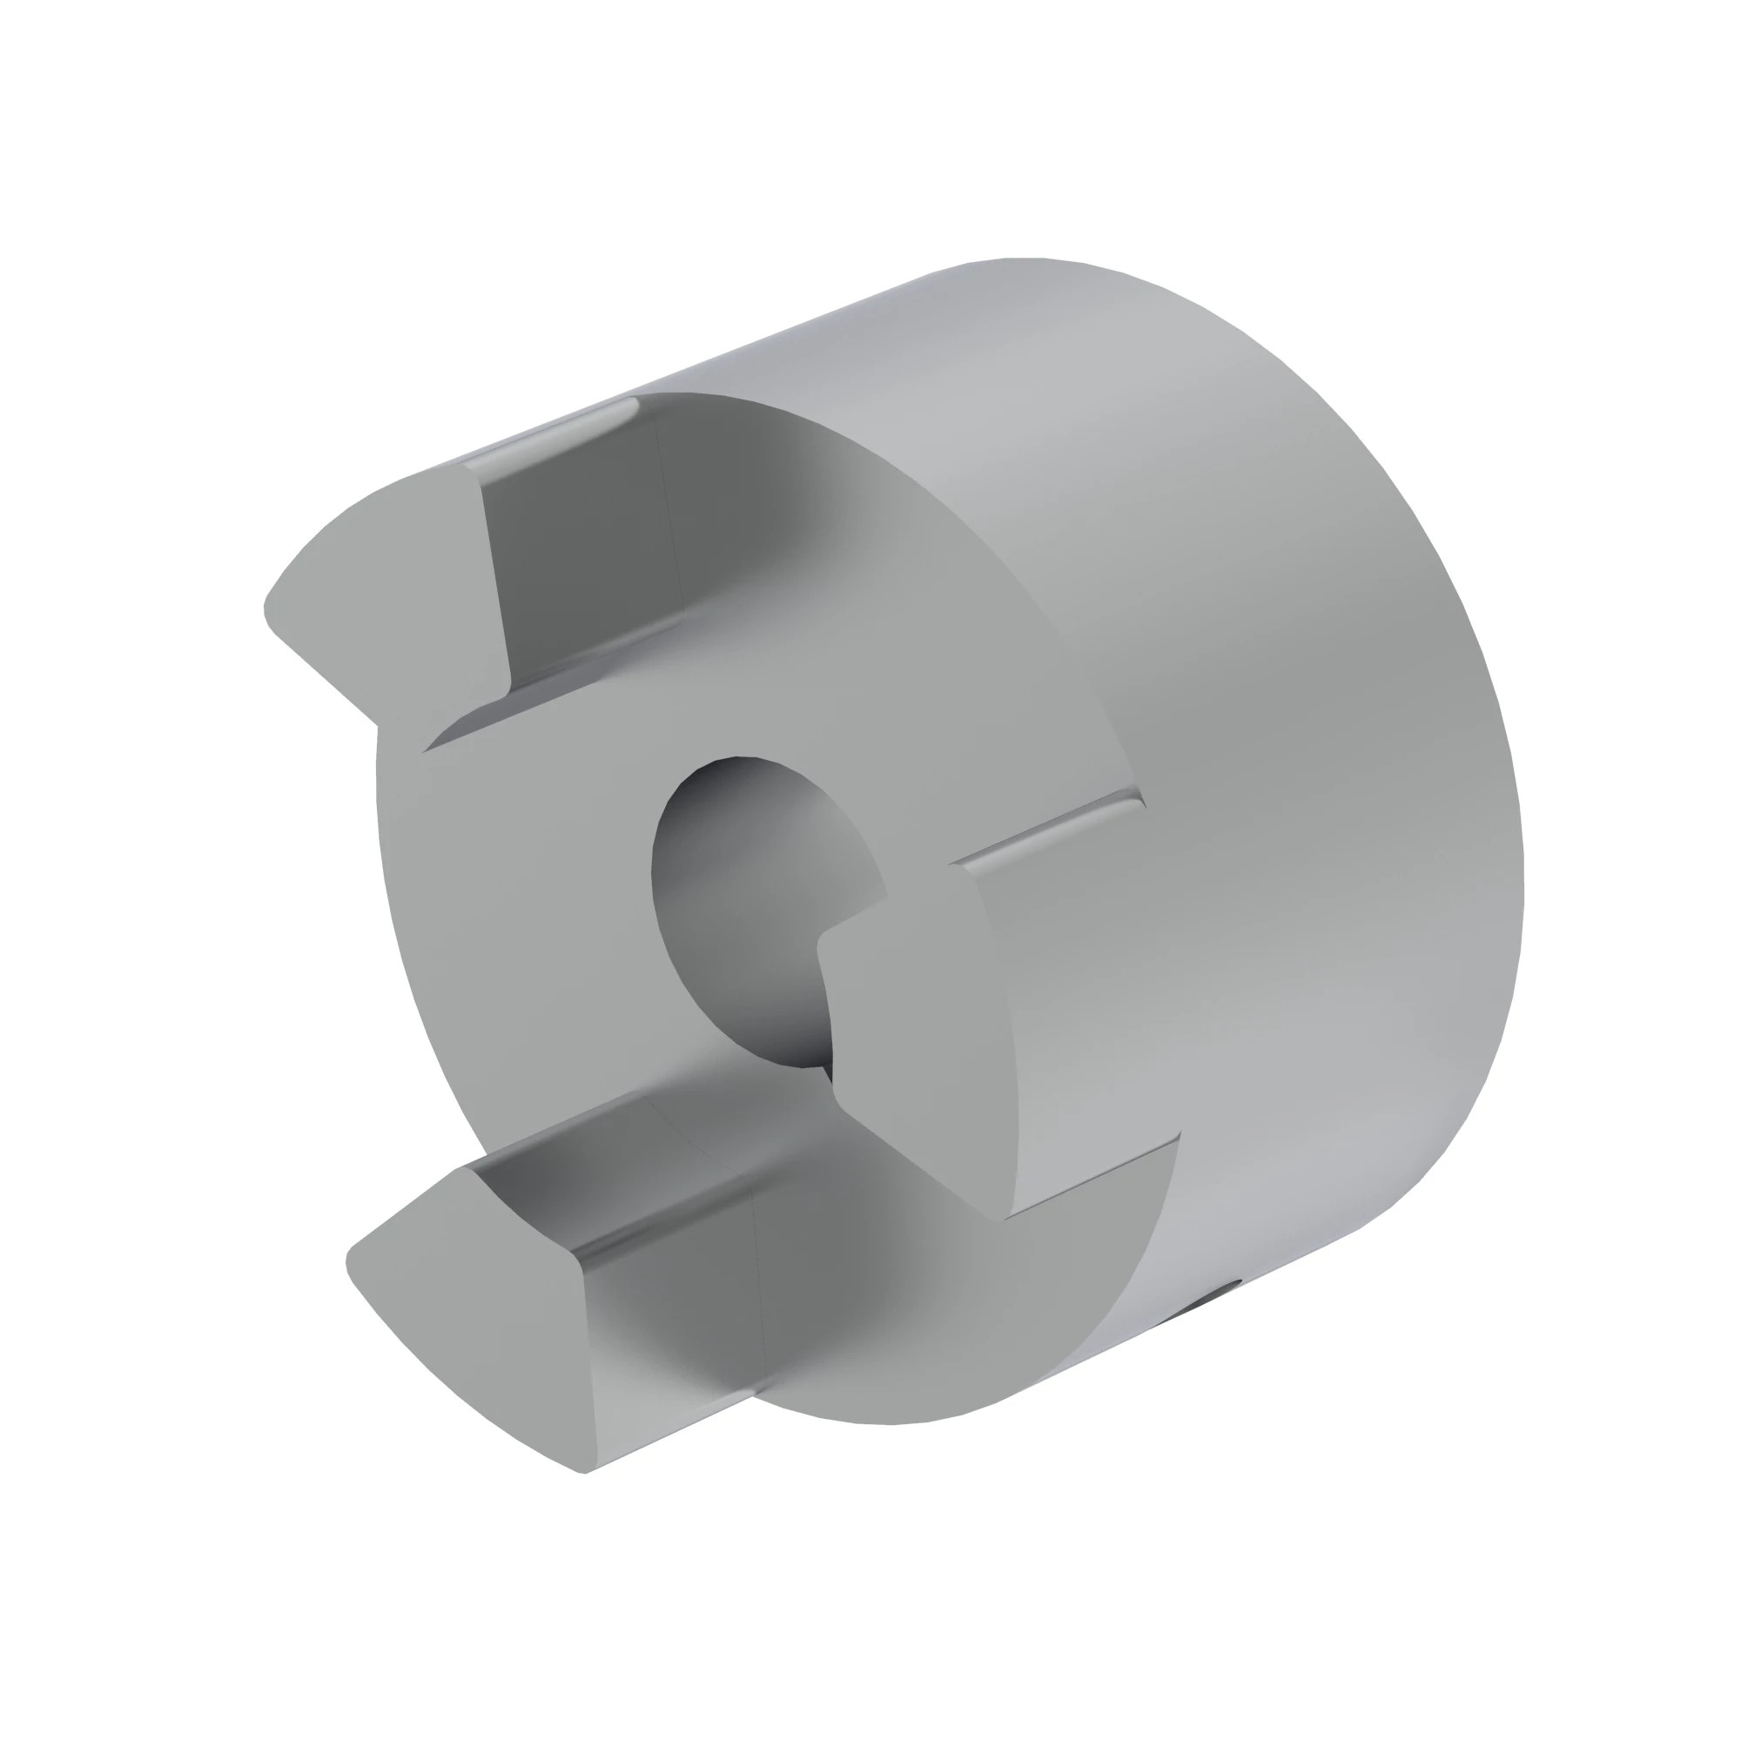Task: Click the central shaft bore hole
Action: [x=748, y=911]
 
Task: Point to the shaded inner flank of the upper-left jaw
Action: [x=586, y=559]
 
